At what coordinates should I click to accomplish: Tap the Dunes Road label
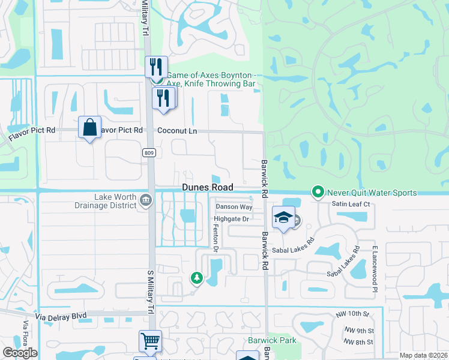click(x=208, y=188)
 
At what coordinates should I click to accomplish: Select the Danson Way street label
click(x=234, y=207)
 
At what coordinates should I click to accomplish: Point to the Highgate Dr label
click(x=232, y=220)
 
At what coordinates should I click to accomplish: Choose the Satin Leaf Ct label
click(x=351, y=205)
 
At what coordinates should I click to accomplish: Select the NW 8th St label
click(x=358, y=342)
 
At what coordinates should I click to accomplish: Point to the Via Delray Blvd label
click(x=60, y=315)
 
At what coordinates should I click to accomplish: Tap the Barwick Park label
click(x=273, y=340)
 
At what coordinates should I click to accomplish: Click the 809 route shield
click(x=149, y=154)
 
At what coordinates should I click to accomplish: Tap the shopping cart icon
click(x=150, y=341)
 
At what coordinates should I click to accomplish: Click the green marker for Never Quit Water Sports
click(x=318, y=193)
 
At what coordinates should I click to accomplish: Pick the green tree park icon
click(x=196, y=278)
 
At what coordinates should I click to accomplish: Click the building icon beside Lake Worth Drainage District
click(x=145, y=200)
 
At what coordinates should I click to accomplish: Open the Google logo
click(x=20, y=353)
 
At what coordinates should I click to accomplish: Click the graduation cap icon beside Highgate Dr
click(x=283, y=218)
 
